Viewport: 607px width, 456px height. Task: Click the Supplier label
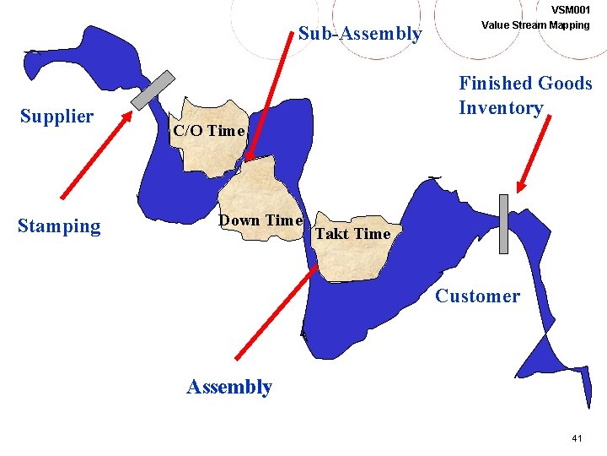[56, 117]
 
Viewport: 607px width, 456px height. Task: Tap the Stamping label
[59, 226]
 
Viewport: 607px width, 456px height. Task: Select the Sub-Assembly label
[360, 35]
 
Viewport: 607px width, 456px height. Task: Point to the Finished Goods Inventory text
[524, 95]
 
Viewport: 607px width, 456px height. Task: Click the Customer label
[477, 296]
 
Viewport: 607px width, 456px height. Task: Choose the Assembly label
[228, 387]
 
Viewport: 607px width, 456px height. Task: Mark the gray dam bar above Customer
[504, 224]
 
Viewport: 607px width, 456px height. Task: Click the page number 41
[577, 438]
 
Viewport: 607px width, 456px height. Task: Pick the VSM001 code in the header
[570, 9]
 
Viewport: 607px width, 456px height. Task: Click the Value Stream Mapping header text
[534, 24]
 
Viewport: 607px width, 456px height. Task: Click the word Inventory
[501, 108]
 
